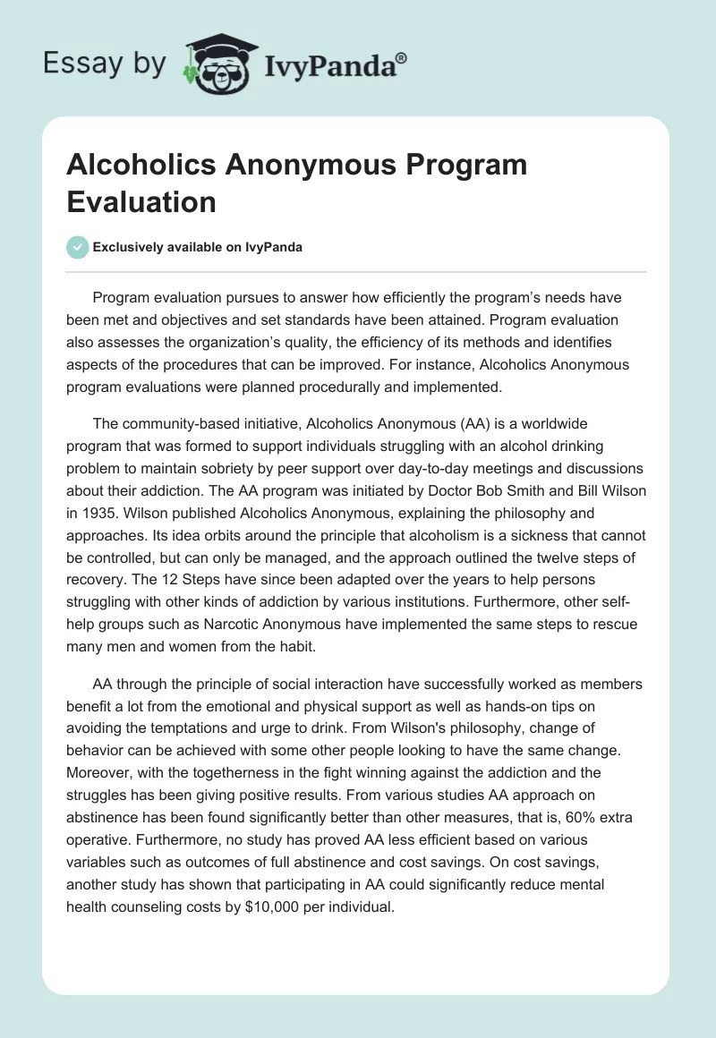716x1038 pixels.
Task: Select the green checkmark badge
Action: [79, 247]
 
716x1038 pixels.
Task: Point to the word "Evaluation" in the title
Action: [141, 202]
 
